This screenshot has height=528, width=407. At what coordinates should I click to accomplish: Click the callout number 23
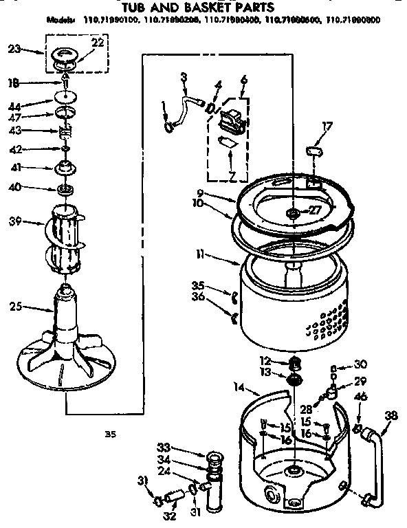15,49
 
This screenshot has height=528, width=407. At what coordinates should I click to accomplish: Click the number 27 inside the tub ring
316,212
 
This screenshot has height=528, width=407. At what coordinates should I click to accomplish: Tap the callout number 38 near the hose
391,415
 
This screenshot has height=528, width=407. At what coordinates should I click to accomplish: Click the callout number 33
162,445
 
